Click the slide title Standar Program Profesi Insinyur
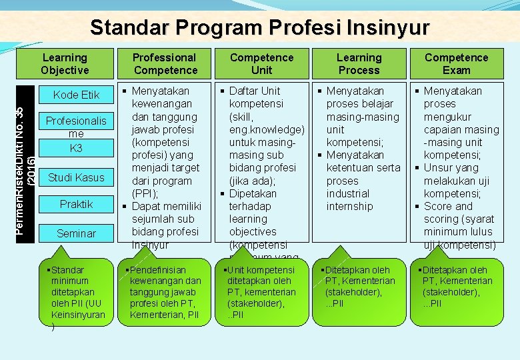pyautogui.click(x=260, y=27)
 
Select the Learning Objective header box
pyautogui.click(x=65, y=64)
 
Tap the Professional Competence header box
pyautogui.click(x=165, y=64)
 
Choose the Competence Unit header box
pyautogui.click(x=261, y=64)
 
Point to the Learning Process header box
pyautogui.click(x=359, y=64)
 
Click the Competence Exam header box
pyautogui.click(x=456, y=64)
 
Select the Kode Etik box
pyautogui.click(x=76, y=95)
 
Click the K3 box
pyautogui.click(x=76, y=148)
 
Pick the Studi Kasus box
pyautogui.click(x=76, y=177)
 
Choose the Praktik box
pyautogui.click(x=76, y=204)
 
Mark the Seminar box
pyautogui.click(x=76, y=233)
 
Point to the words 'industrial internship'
pyautogui.click(x=349, y=200)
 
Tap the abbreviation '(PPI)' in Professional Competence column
pyautogui.click(x=146, y=193)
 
